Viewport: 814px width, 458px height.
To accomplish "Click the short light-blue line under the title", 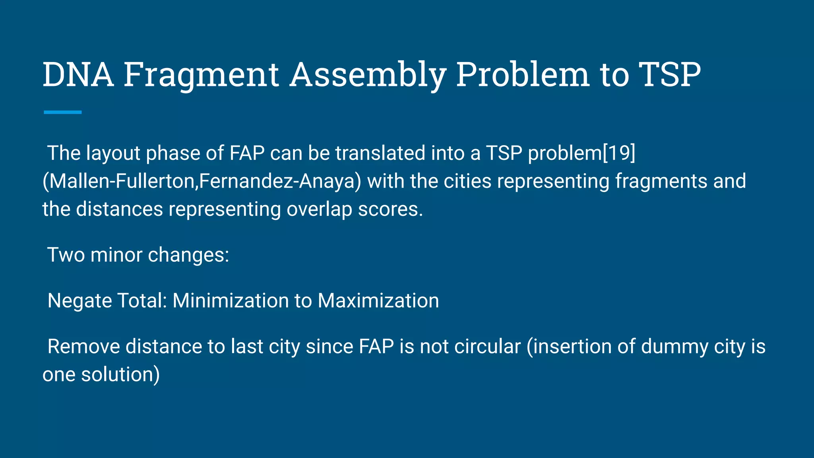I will (62, 113).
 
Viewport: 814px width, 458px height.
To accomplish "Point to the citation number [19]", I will (619, 153).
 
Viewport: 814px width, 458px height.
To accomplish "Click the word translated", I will (380, 153).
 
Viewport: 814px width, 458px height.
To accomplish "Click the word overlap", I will (319, 209).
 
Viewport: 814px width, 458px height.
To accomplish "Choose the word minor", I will (116, 255).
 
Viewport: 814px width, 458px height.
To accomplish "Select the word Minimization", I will (231, 301).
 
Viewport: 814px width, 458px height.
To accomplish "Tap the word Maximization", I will (378, 301).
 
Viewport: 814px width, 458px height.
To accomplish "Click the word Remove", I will (83, 346).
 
